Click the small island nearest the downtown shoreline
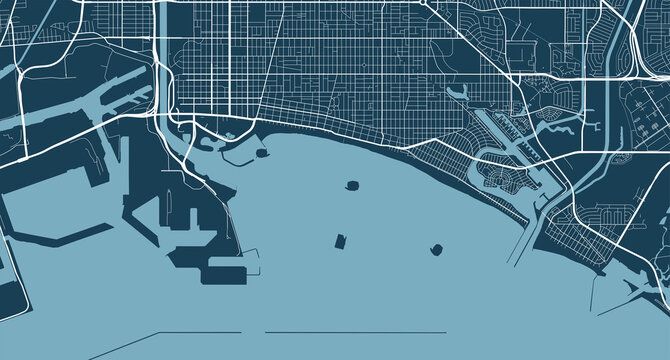pos(262,155)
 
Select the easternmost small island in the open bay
pos(437,249)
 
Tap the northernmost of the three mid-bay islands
pos(352,186)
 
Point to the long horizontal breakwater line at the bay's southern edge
pos(355,332)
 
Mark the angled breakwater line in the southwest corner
pos(120,345)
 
